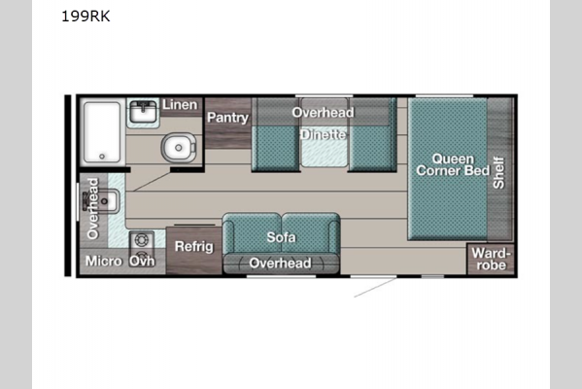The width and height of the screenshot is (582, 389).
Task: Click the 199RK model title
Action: (x=86, y=17)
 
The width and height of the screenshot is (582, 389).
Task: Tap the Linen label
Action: (x=180, y=105)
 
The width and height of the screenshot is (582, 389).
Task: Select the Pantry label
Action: (x=228, y=118)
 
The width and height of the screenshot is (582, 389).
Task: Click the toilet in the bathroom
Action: (x=179, y=148)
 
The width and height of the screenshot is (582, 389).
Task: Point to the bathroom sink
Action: (x=143, y=112)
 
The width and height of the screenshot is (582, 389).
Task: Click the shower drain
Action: (x=102, y=157)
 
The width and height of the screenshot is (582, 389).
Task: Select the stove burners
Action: (x=142, y=247)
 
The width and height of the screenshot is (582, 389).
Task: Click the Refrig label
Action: (x=194, y=246)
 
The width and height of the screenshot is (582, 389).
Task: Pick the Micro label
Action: (x=104, y=261)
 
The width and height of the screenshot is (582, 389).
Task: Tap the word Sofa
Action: (x=281, y=237)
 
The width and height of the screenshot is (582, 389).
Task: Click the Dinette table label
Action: (x=324, y=134)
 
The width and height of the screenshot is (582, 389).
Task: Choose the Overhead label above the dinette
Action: (x=323, y=112)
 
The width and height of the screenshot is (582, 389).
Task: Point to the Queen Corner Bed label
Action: (x=453, y=164)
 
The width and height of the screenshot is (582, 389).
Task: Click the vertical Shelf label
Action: (x=498, y=173)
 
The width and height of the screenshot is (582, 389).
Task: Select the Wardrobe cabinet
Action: (x=491, y=259)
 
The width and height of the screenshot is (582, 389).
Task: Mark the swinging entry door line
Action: (x=375, y=288)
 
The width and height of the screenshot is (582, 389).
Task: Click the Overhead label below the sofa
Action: (x=280, y=263)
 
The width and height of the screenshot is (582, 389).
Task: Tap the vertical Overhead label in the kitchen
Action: (x=93, y=208)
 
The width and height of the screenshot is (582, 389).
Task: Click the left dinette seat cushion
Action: (x=276, y=148)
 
